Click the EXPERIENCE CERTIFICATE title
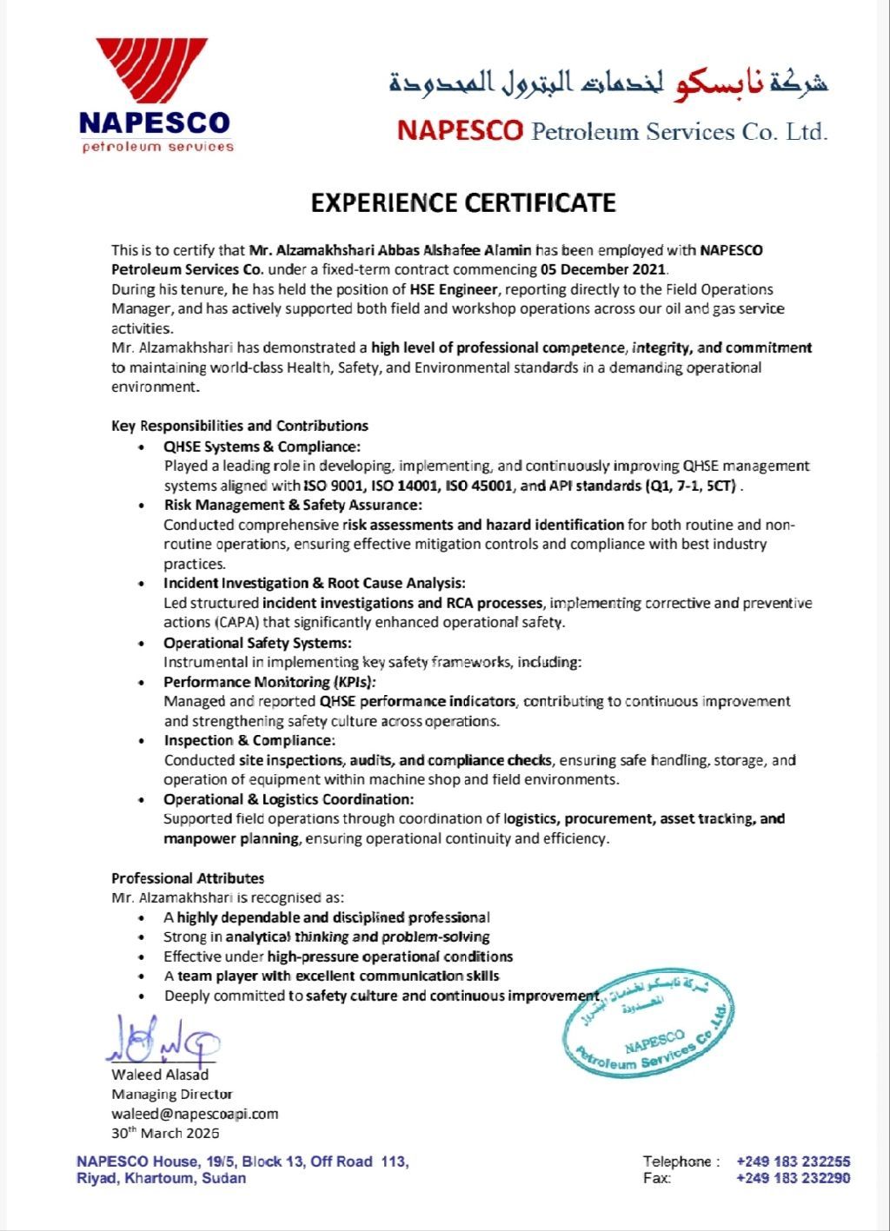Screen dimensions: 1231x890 463,203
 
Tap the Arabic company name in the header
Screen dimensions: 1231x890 608,84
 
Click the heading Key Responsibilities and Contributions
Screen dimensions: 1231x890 240,426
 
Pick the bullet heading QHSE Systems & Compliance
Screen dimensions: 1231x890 262,447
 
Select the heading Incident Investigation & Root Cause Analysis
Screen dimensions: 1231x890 315,583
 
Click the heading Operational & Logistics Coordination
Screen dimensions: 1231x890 289,799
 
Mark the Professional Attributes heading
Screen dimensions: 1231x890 188,878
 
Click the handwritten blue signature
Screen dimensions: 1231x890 163,1038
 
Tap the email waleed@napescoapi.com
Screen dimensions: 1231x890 195,1114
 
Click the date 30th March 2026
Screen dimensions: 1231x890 165,1133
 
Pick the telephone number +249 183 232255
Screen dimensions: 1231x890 793,1162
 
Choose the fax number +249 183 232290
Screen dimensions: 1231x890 793,1179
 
